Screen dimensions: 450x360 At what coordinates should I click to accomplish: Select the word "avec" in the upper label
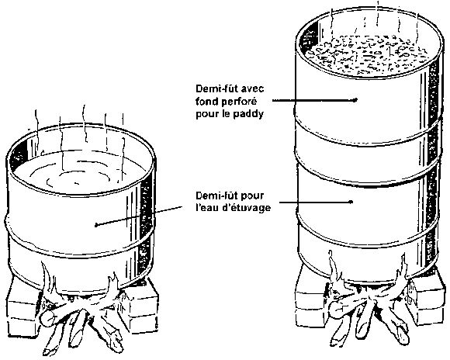pos(252,89)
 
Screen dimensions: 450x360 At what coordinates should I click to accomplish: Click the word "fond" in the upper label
pos(206,102)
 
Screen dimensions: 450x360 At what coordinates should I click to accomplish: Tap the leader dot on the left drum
pos(97,225)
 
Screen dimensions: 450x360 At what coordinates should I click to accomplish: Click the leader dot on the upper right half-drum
pos(355,100)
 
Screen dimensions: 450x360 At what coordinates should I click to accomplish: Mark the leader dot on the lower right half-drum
pos(351,202)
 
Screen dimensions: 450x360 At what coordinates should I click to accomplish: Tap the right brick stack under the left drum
pos(141,307)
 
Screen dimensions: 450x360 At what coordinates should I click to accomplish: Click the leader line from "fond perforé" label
pos(313,100)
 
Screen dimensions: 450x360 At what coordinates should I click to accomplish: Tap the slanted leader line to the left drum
pos(140,216)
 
